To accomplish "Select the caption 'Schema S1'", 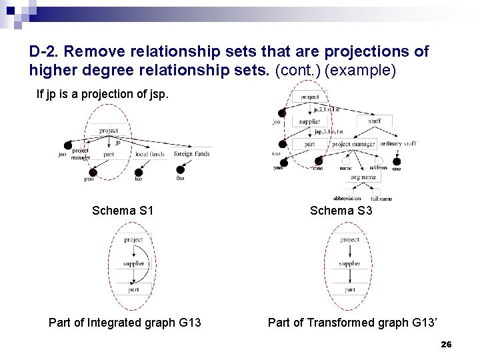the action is click(x=123, y=211).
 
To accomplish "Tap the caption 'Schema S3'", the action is click(x=341, y=211).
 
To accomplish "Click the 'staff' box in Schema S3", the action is click(x=375, y=121).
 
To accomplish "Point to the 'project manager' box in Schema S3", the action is click(x=354, y=144).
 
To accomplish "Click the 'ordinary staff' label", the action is click(x=399, y=144).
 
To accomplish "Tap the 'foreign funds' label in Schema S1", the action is click(x=191, y=154).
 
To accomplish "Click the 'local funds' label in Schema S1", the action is click(x=150, y=154).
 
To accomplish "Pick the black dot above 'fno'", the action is click(x=181, y=170).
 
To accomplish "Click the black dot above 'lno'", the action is click(x=139, y=170).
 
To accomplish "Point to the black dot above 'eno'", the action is click(x=397, y=161).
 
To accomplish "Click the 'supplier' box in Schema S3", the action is click(x=309, y=122).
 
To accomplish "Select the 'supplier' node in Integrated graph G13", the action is click(x=133, y=264).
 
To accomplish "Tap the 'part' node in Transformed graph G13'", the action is click(x=349, y=290).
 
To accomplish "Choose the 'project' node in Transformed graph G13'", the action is click(x=349, y=239).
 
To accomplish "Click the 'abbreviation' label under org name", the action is click(x=347, y=198).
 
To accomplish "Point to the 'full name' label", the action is click(x=381, y=198).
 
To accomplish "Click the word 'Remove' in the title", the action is click(x=95, y=51).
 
